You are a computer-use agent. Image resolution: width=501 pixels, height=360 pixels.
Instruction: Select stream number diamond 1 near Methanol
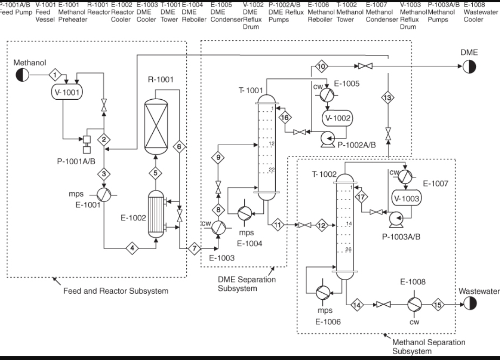pyautogui.click(x=55, y=74)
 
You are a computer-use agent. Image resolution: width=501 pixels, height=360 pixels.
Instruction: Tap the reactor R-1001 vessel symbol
pyautogui.click(x=156, y=123)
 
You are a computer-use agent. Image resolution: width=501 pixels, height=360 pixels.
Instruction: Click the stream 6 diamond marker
pyautogui.click(x=179, y=147)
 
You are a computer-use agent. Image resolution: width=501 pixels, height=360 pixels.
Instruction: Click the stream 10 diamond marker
pyautogui.click(x=321, y=67)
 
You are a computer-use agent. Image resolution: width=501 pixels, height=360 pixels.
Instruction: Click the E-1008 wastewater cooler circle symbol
pyautogui.click(x=414, y=304)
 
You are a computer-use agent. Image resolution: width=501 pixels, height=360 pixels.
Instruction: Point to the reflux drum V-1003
pyautogui.click(x=407, y=198)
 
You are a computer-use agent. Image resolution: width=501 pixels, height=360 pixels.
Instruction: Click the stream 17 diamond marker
pyautogui.click(x=361, y=196)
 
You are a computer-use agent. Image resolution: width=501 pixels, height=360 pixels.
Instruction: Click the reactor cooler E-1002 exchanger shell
pyautogui.click(x=156, y=216)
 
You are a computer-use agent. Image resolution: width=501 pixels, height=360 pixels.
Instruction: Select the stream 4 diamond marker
pyautogui.click(x=133, y=249)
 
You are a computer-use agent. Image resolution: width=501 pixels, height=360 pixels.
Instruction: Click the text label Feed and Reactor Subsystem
pyautogui.click(x=116, y=291)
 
